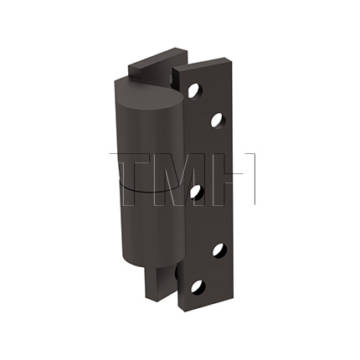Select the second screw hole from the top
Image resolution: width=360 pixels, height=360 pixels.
[x=217, y=121]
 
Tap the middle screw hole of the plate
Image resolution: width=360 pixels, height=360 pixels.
[x=196, y=192]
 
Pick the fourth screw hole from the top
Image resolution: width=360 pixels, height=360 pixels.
[x=219, y=249]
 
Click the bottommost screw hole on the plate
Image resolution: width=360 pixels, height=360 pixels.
[x=197, y=286]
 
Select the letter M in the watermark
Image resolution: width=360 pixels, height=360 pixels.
[x=180, y=179]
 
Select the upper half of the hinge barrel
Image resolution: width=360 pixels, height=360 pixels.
[x=138, y=142]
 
